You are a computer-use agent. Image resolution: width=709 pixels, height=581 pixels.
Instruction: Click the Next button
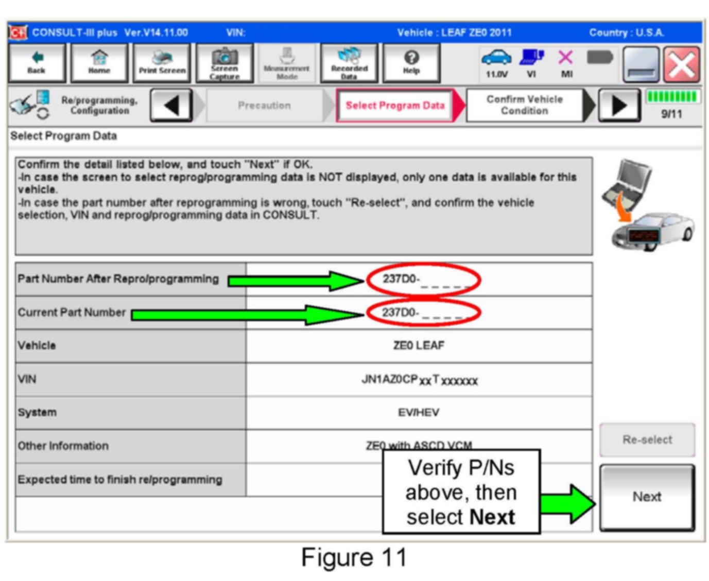(x=647, y=497)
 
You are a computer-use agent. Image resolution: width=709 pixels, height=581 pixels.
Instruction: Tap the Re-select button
(x=647, y=440)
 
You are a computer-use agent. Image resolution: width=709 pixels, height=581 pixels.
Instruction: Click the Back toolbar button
(x=37, y=63)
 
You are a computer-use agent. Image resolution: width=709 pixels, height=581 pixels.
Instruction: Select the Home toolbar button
(x=99, y=63)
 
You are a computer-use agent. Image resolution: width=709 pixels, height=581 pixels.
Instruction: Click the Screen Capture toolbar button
(x=224, y=63)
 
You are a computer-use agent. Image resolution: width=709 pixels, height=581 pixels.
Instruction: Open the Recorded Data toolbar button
(x=349, y=63)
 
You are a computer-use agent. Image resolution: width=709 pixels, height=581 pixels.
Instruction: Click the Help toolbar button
(x=411, y=63)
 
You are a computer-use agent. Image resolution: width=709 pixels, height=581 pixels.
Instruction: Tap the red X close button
(x=681, y=65)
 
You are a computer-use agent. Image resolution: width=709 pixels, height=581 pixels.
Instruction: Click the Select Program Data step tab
(x=395, y=105)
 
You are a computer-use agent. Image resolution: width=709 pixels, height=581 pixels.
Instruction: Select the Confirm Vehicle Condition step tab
(x=525, y=105)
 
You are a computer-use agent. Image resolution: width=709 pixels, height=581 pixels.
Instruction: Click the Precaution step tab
(x=264, y=105)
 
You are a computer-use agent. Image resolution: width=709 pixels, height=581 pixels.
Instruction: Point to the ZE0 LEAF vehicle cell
(x=419, y=345)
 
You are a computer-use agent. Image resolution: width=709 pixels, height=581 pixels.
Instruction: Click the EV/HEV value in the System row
(x=419, y=412)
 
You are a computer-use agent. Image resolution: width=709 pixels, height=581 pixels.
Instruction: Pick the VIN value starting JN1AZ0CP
(x=419, y=380)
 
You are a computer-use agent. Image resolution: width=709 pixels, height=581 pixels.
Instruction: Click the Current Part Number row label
(x=72, y=312)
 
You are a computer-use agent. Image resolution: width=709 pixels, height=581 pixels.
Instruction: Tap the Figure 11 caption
(x=354, y=557)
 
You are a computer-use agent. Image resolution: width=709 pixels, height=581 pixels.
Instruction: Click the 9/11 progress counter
(x=671, y=114)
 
